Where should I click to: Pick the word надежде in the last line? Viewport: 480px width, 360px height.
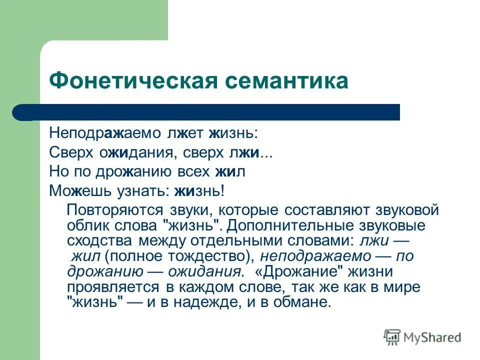(x=216, y=302)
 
